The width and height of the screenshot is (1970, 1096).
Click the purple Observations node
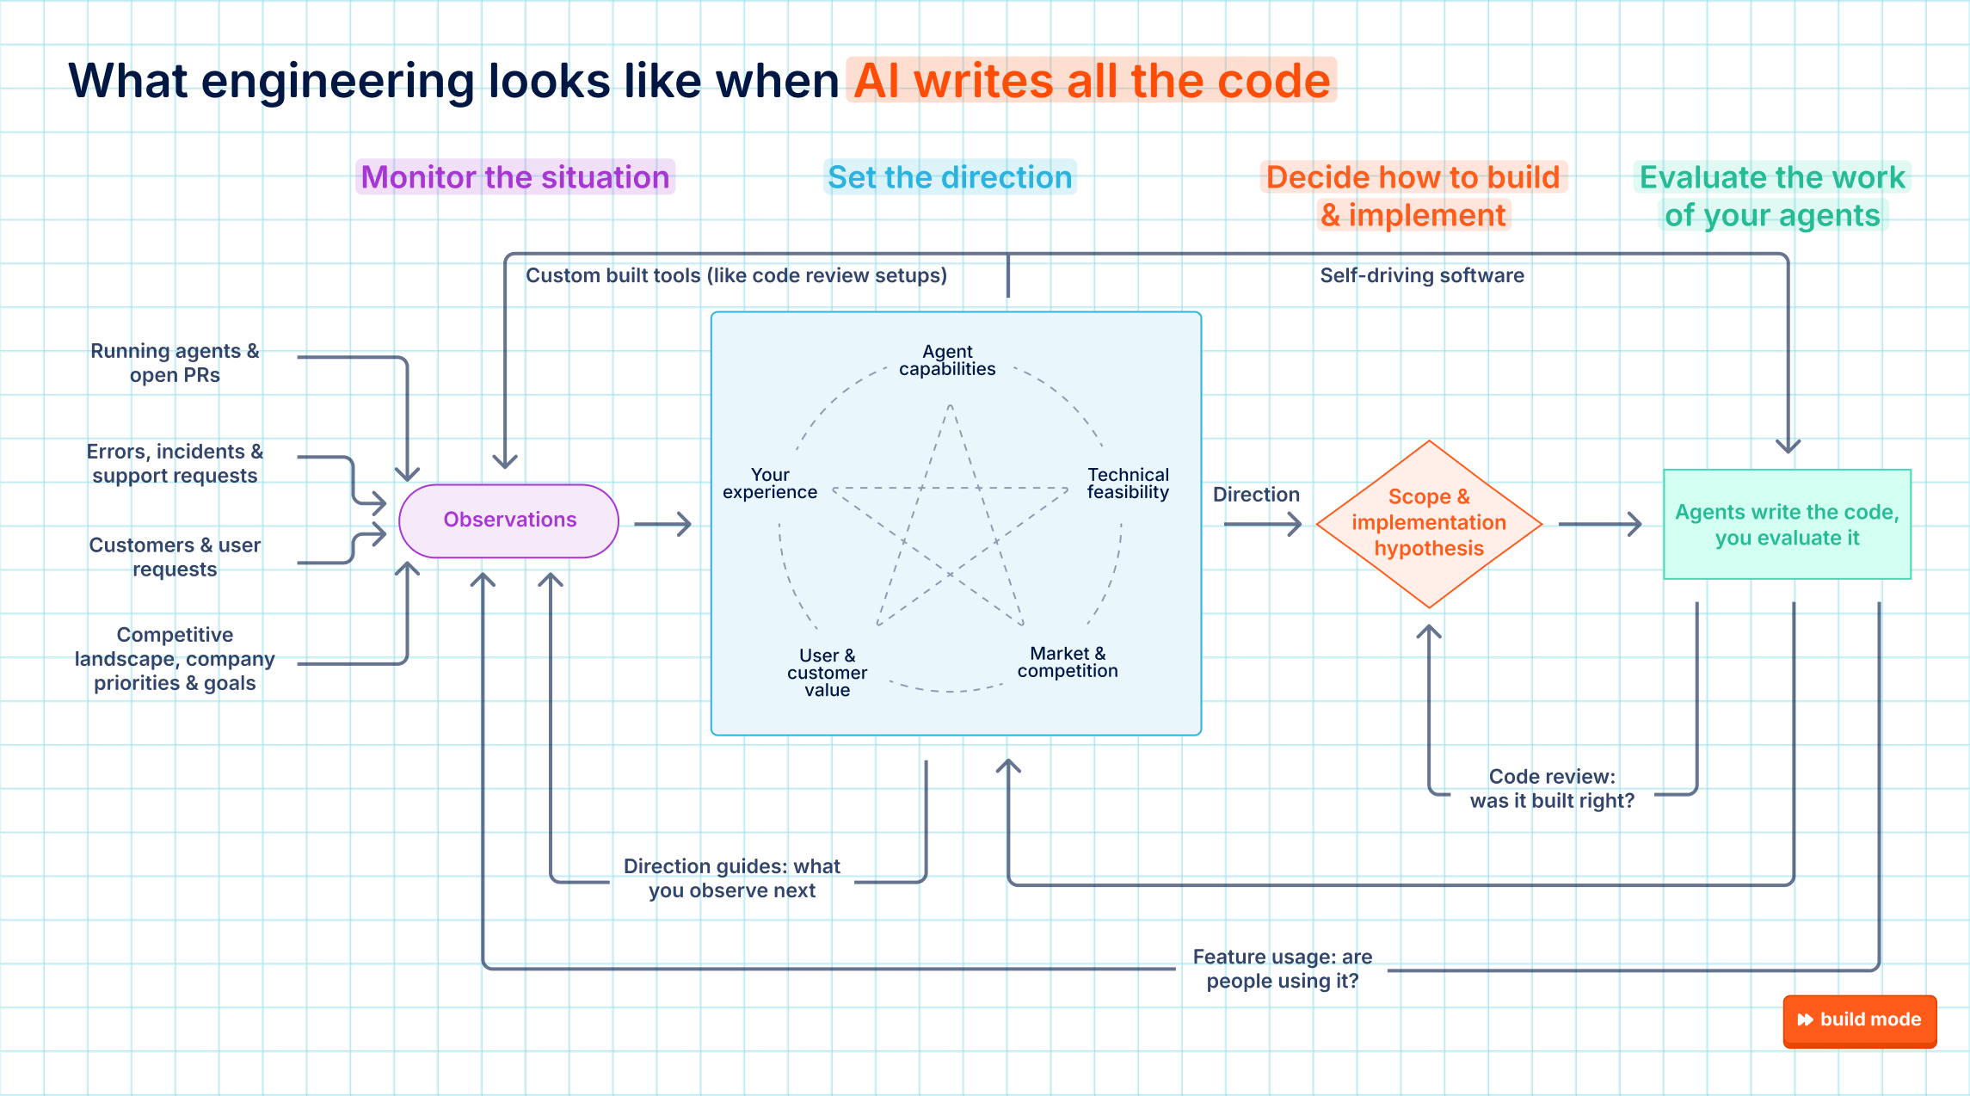[x=509, y=520]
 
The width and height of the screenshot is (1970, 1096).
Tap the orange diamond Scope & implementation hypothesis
[x=1429, y=524]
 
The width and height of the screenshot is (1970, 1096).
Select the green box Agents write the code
[x=1787, y=524]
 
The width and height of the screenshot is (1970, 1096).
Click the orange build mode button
[x=1860, y=1020]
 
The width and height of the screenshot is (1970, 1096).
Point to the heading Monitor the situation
[x=515, y=177]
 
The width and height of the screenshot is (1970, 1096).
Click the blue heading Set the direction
[x=950, y=177]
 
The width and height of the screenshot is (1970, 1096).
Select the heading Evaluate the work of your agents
[x=1772, y=196]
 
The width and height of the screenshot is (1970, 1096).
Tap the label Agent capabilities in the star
[x=947, y=360]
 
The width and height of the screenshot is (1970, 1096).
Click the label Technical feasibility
[x=1128, y=483]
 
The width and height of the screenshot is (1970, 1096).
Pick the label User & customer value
[x=827, y=673]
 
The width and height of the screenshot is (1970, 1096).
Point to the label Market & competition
[x=1068, y=662]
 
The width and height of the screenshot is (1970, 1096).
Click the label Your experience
[x=770, y=483]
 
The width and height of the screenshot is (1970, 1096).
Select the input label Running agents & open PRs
[x=175, y=363]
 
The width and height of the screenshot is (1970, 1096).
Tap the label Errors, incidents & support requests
[x=175, y=464]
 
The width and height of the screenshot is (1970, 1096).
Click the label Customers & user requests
[x=175, y=557]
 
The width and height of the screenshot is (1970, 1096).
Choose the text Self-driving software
[x=1422, y=275]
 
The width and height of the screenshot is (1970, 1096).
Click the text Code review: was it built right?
[x=1552, y=789]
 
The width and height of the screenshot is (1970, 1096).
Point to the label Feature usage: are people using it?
[x=1282, y=970]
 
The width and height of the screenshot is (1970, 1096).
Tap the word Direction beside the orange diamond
[x=1256, y=495]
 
